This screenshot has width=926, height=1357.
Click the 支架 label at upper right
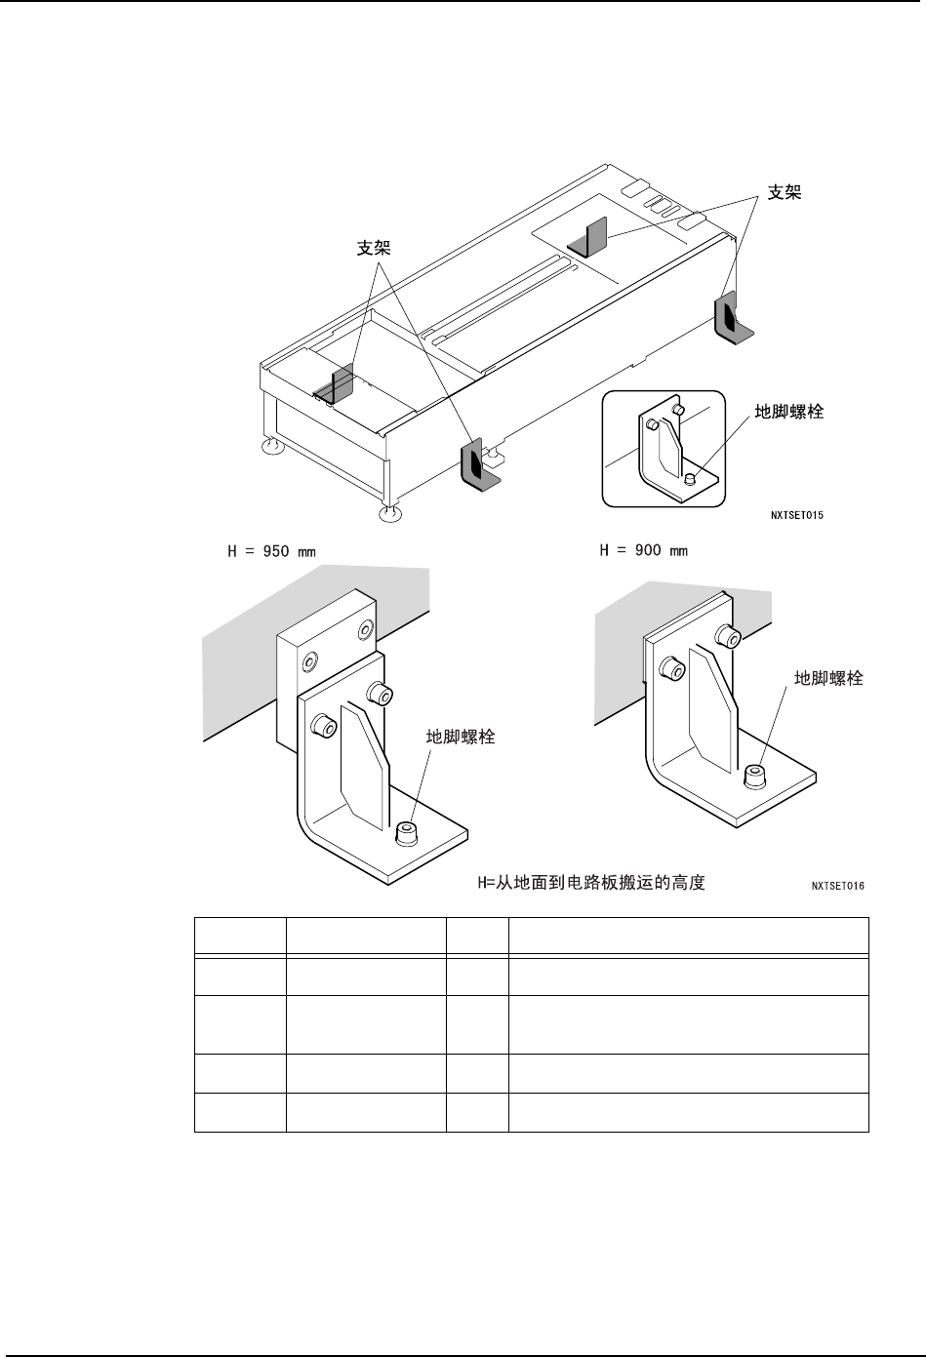(785, 193)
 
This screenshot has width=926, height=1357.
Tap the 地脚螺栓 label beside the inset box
(789, 413)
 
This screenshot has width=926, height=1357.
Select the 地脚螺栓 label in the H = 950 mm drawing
(461, 738)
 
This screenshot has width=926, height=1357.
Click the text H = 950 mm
(271, 551)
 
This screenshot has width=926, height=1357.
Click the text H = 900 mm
(642, 551)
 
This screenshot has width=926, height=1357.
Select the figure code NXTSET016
(837, 887)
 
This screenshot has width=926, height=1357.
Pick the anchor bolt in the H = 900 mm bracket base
(754, 776)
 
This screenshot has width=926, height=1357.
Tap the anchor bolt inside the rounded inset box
(689, 478)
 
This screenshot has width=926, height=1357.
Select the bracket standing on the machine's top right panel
(591, 238)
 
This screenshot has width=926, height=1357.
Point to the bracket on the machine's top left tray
(338, 384)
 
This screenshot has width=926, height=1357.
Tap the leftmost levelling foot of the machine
(272, 447)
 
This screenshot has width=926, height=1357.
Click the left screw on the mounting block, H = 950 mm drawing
(308, 663)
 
